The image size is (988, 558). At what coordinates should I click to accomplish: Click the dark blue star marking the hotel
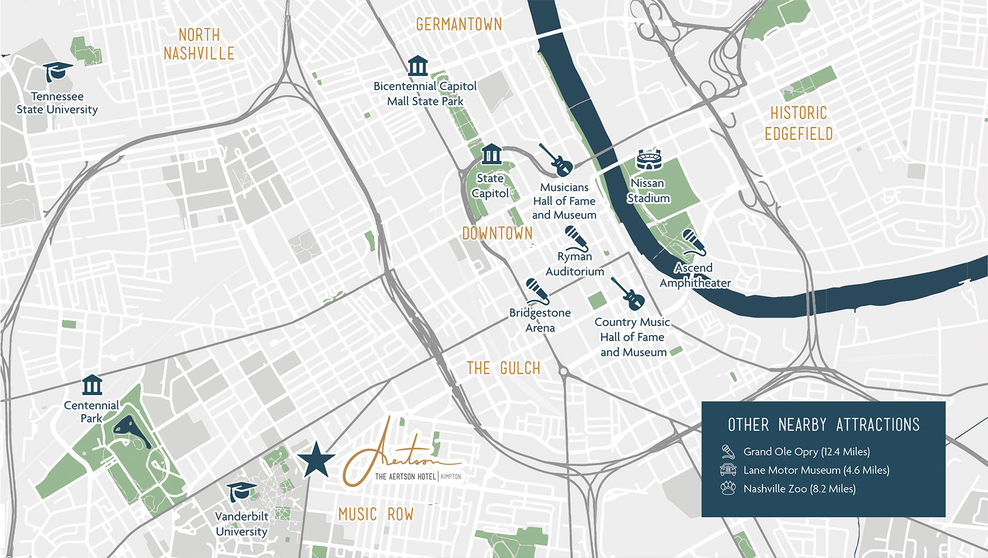pos(316,460)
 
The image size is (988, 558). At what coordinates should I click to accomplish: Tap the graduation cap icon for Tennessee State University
pos(58,72)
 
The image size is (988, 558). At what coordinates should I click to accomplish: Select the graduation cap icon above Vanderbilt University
pos(241,492)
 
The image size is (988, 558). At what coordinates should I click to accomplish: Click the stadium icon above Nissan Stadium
pos(649,160)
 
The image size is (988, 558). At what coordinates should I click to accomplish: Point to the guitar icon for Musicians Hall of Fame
pos(556,160)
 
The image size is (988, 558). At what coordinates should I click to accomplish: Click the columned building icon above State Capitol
pos(491,154)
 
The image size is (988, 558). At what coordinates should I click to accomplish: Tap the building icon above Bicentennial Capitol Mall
pos(417,66)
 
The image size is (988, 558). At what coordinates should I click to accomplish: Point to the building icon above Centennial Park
pos(92,385)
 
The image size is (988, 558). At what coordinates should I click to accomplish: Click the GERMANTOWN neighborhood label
pos(459,24)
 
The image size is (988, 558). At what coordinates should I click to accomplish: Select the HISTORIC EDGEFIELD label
pos(799,123)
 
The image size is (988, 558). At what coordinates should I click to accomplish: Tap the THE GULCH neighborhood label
pos(503,369)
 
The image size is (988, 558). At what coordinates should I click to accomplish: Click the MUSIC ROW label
pos(376,514)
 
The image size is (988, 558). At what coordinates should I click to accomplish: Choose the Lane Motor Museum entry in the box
pos(816,470)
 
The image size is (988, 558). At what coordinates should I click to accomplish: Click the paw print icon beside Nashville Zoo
pos(728,488)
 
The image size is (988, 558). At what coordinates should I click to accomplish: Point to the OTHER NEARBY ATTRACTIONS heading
pos(824,425)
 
